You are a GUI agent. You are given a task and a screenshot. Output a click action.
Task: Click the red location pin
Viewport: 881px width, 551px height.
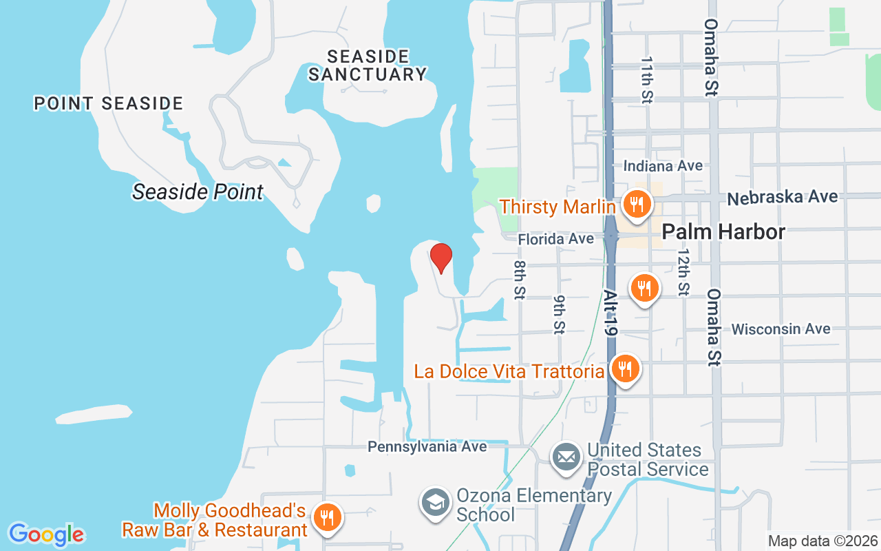tap(441, 258)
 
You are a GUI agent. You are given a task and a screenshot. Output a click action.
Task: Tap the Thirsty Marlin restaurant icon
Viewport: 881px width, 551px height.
tap(637, 205)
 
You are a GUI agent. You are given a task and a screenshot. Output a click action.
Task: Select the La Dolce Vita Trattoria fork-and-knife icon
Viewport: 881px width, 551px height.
tap(624, 369)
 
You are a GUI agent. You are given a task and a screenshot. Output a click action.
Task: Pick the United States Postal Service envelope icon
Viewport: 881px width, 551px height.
tap(567, 457)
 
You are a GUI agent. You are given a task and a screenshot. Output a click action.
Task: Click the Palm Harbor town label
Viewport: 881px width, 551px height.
tap(723, 232)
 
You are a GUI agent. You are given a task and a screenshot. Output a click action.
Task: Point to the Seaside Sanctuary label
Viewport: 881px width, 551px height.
tap(368, 65)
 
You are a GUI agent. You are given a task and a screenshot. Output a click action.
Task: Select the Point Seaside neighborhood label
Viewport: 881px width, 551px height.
tap(109, 104)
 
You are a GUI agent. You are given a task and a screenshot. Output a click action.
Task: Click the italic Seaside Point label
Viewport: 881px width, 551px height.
tap(198, 191)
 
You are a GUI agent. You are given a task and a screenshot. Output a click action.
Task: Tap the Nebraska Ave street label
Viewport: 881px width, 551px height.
tap(783, 198)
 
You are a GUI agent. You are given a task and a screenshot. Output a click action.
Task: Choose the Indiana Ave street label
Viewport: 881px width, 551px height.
tap(663, 166)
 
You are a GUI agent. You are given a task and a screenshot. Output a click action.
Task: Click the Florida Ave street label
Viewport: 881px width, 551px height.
tap(555, 239)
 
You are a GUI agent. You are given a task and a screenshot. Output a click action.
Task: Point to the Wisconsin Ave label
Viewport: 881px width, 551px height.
tap(781, 329)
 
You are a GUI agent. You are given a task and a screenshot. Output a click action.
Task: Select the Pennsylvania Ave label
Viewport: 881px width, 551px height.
tap(427, 446)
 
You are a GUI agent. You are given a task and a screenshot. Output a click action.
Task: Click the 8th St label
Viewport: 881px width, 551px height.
tap(520, 280)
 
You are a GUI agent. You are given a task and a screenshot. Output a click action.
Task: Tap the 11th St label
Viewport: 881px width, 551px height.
tap(646, 80)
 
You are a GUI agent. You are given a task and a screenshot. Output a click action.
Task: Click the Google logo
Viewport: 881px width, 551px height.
tap(46, 534)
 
